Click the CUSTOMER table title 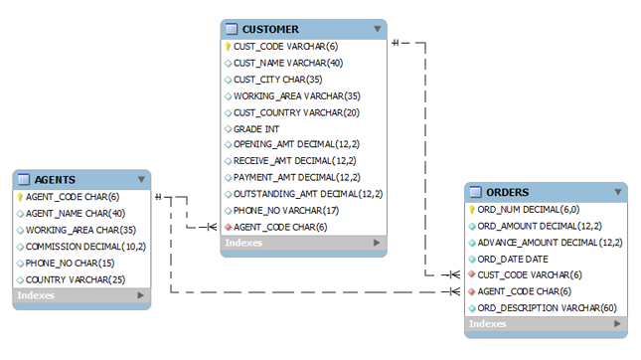pos(270,29)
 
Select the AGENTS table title pos(55,179)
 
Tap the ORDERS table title pos(508,192)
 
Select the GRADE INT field pos(258,128)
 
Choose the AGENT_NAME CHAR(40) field pos(75,213)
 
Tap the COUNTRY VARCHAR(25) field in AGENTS pos(75,278)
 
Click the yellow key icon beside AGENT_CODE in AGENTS pos(20,196)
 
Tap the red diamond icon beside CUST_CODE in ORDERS pos(472,274)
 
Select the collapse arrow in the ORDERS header pos(617,192)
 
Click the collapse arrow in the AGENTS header pos(140,179)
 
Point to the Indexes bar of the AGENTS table pos(80,295)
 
